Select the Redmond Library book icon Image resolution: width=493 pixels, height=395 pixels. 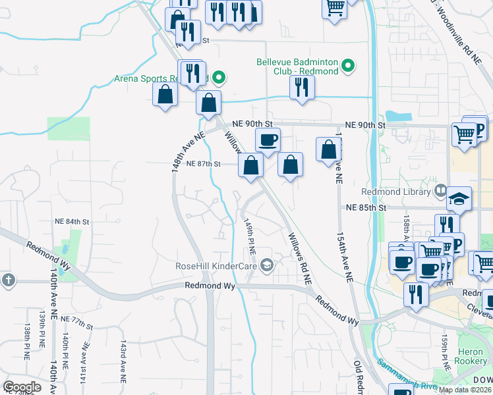point(440,192)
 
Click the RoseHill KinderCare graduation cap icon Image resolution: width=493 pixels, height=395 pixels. point(267,265)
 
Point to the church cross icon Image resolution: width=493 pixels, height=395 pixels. point(7,280)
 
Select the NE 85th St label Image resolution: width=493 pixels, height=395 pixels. point(365,207)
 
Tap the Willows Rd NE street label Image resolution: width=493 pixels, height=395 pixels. point(299,257)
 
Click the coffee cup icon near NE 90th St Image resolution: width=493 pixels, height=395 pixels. point(268,140)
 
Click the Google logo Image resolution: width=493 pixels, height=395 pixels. point(22,386)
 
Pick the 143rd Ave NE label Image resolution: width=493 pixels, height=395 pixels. point(123,363)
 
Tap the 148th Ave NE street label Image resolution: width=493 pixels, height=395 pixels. point(179,151)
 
